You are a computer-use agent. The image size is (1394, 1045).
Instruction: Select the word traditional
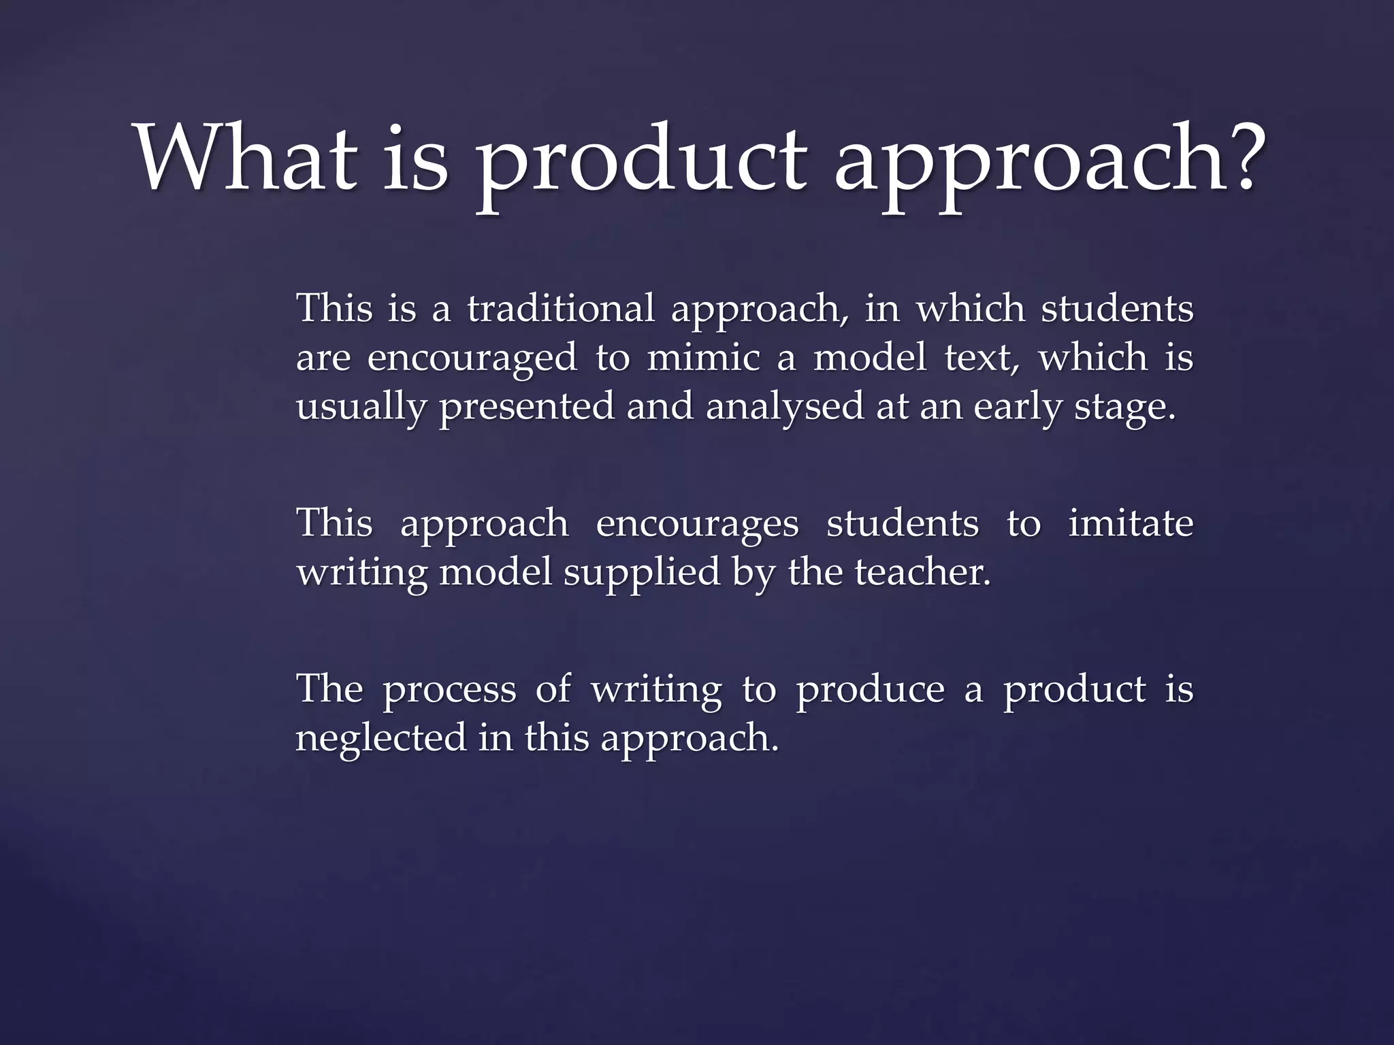coord(561,309)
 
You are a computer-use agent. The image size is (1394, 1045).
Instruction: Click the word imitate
coord(1131,524)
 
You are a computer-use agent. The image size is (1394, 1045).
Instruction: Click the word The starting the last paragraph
coord(329,689)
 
